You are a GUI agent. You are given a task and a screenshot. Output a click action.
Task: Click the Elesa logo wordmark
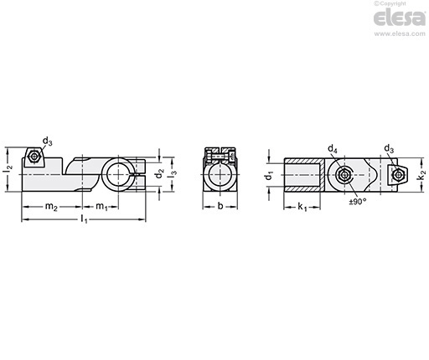pyautogui.click(x=400, y=18)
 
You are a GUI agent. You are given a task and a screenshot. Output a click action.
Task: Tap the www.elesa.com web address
pyautogui.click(x=400, y=33)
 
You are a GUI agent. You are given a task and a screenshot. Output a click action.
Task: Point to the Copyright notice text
pyautogui.click(x=390, y=3)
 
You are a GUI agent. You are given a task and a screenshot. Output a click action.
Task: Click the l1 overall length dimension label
pyautogui.click(x=84, y=219)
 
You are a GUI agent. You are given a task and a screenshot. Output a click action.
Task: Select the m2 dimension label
pyautogui.click(x=51, y=207)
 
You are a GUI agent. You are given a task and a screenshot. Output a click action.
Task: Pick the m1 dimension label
pyautogui.click(x=101, y=207)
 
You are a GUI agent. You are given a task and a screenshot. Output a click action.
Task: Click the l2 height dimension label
pyautogui.click(x=8, y=170)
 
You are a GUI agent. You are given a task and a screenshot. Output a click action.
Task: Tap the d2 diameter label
pyautogui.click(x=159, y=173)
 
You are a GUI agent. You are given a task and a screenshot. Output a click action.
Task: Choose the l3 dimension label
pyautogui.click(x=173, y=173)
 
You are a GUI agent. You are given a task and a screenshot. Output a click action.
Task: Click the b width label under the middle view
pyautogui.click(x=220, y=206)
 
